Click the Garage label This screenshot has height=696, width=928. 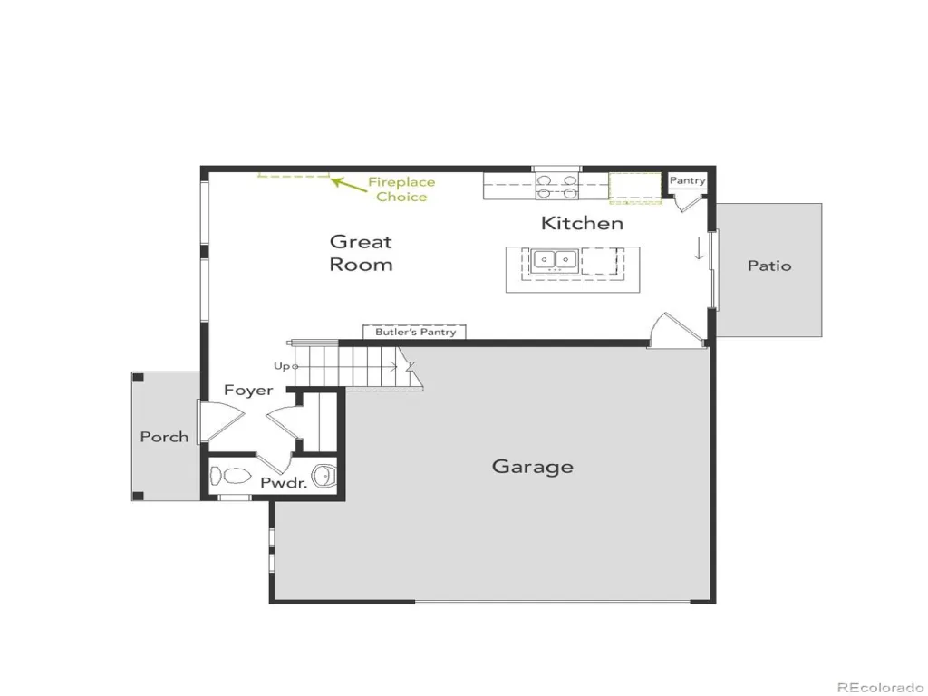[533, 467]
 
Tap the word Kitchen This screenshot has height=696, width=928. [583, 223]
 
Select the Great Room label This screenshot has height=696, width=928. [361, 253]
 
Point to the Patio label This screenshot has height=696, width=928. [769, 266]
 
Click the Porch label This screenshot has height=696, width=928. [165, 437]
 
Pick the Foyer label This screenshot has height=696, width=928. [248, 391]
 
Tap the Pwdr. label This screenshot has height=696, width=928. [284, 483]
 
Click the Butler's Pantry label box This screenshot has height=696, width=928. [414, 332]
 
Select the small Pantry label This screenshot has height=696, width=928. [687, 180]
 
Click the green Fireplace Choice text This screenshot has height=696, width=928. [401, 189]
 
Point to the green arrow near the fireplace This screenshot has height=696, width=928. [348, 185]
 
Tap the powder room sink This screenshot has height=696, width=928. [324, 475]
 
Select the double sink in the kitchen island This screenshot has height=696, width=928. [555, 260]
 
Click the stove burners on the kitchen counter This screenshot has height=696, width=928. [557, 187]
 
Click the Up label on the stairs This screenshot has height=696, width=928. [283, 366]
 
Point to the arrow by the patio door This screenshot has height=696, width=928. [699, 248]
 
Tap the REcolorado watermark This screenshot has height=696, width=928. [880, 687]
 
